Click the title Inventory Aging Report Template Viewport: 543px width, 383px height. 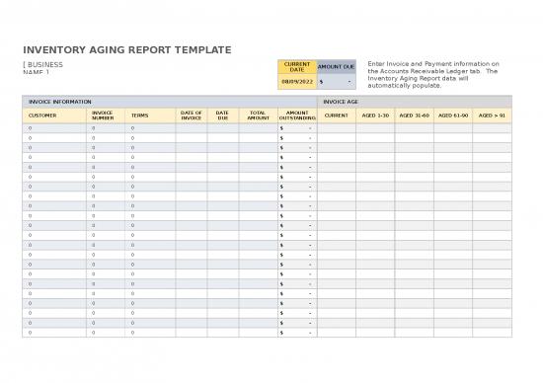(126, 49)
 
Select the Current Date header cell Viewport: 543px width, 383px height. (296, 67)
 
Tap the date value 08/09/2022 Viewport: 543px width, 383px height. (296, 82)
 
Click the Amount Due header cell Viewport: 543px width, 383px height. (336, 67)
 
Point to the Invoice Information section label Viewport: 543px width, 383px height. (60, 102)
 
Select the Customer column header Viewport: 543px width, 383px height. (42, 115)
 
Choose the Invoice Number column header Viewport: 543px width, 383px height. (102, 115)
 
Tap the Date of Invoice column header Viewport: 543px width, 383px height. (192, 115)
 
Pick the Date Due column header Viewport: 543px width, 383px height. (222, 115)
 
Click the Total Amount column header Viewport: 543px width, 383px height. (258, 115)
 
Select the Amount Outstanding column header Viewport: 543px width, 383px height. (296, 115)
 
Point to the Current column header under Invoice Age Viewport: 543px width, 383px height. (336, 115)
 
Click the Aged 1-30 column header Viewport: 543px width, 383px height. (375, 115)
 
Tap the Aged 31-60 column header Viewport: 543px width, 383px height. (414, 115)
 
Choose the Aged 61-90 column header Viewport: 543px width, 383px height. (453, 115)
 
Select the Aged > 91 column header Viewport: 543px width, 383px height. (492, 115)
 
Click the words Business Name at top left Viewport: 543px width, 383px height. (42, 68)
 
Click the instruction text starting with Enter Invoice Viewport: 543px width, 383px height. (432, 74)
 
